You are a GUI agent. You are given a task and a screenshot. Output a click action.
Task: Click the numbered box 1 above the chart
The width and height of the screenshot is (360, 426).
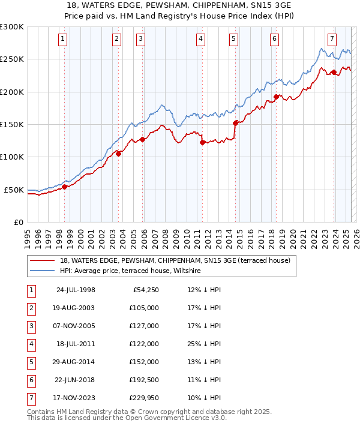(x=63, y=40)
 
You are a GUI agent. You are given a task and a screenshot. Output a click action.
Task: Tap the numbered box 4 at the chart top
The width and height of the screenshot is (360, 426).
(x=200, y=40)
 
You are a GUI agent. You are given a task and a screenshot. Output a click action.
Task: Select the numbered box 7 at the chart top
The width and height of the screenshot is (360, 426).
(x=332, y=40)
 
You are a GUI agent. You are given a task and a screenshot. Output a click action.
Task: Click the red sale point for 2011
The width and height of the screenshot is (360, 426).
(x=203, y=142)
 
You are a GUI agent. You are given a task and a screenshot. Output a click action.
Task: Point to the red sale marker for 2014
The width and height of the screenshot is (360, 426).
(x=236, y=123)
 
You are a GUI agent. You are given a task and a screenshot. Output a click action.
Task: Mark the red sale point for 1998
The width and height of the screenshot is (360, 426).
(x=65, y=187)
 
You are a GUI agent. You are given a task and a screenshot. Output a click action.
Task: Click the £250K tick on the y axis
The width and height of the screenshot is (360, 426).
(x=12, y=59)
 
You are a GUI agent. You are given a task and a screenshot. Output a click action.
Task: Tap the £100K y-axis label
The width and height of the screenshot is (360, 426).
(x=12, y=157)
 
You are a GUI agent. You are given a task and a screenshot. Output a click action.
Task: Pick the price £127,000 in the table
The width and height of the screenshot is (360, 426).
(x=145, y=326)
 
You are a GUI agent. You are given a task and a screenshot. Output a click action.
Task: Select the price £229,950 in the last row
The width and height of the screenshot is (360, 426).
(x=145, y=398)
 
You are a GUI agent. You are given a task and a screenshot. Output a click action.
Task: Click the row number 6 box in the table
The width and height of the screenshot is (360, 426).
(x=31, y=380)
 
